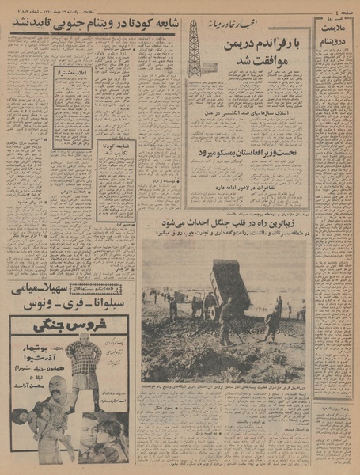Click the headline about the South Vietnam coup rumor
coord(93,25)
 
